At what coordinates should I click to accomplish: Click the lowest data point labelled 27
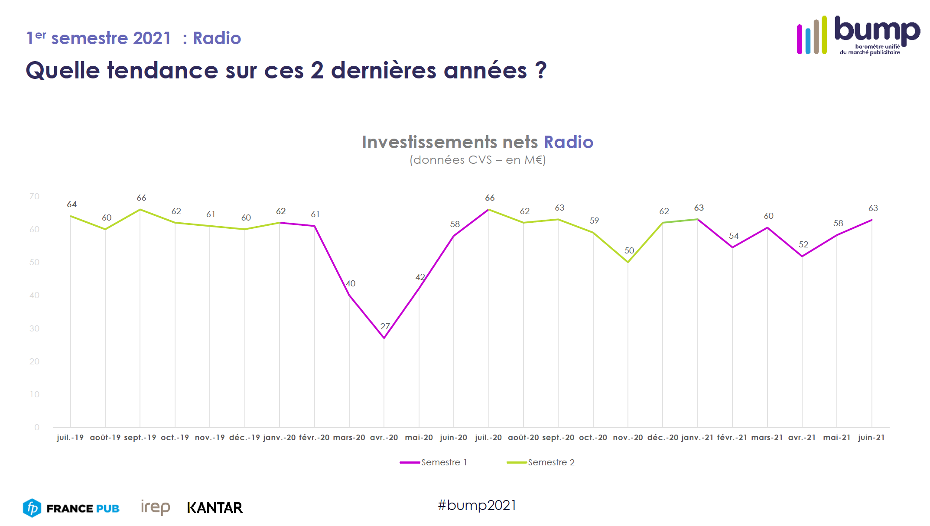[384, 338]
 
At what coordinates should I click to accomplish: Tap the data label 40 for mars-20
[351, 284]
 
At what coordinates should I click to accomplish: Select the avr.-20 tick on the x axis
[384, 438]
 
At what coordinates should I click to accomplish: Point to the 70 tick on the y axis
[34, 197]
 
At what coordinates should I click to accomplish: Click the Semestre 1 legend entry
[433, 462]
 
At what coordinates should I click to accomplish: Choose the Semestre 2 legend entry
[541, 462]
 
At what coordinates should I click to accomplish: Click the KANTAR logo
[215, 508]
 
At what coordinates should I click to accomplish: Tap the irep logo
[155, 507]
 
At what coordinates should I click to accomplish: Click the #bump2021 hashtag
[477, 505]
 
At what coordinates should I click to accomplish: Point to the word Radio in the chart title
[569, 142]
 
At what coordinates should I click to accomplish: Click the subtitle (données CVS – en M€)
[478, 160]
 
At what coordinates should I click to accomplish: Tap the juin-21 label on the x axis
[871, 438]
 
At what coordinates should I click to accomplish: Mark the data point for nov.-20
[628, 262]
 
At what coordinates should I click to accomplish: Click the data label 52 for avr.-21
[803, 245]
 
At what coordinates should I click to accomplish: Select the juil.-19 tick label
[70, 438]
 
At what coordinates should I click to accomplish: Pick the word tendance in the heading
[163, 71]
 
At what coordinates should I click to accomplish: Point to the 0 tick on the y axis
[37, 428]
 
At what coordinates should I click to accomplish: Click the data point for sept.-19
[140, 210]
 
